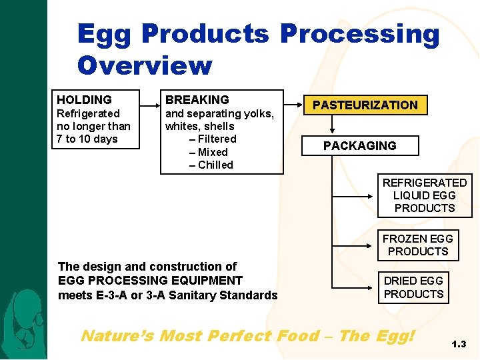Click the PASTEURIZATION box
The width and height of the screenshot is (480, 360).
click(365, 105)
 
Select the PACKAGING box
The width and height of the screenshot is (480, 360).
click(359, 145)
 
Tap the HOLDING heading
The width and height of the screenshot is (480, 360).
click(84, 100)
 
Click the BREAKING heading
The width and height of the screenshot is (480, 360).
click(197, 100)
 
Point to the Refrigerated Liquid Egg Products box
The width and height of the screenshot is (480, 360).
click(424, 195)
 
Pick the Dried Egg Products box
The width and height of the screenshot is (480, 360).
click(413, 287)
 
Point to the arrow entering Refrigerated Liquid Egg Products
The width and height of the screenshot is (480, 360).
click(353, 197)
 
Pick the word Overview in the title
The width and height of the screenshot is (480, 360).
click(145, 65)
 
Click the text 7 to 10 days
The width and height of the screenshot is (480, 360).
click(87, 139)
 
